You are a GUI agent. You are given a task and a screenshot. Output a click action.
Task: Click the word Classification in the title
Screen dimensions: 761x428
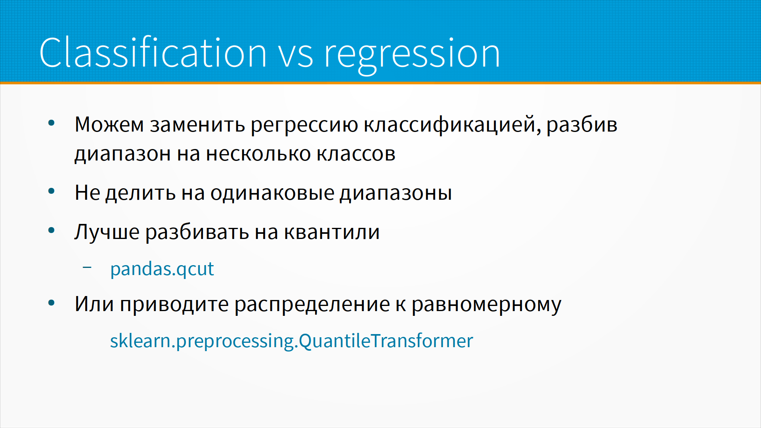tap(153, 52)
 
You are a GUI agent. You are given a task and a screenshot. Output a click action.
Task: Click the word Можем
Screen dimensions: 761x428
tap(109, 124)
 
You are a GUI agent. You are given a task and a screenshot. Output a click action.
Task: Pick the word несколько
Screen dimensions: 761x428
tap(258, 154)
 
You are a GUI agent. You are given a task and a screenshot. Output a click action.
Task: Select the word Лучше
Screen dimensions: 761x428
tap(107, 232)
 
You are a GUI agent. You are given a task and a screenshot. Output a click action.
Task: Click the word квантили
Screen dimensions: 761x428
tap(332, 232)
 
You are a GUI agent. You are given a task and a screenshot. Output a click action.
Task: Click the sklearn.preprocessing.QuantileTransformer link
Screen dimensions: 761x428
tap(292, 341)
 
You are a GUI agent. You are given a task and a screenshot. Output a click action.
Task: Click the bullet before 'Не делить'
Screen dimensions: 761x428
tap(51, 192)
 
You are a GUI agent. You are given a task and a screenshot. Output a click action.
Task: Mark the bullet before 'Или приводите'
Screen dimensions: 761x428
tap(51, 304)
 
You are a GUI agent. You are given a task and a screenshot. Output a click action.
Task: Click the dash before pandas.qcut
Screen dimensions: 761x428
tap(87, 267)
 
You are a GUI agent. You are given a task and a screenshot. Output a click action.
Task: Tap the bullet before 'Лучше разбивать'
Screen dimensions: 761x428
tap(51, 231)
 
